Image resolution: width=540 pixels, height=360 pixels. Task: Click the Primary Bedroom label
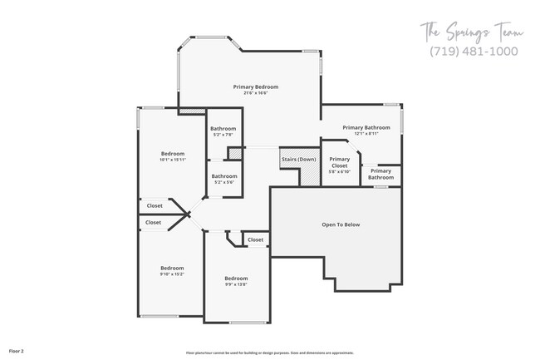tap(255, 86)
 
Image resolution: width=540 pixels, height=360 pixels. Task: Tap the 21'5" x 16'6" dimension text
tap(255, 93)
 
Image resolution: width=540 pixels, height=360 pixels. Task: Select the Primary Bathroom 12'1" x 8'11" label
tap(366, 127)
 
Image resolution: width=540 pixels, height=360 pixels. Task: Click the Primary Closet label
tap(339, 162)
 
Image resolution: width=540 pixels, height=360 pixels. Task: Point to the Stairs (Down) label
tap(298, 159)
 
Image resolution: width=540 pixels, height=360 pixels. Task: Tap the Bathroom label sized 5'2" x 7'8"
tap(223, 129)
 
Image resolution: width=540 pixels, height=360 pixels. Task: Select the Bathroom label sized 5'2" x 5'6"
tap(223, 176)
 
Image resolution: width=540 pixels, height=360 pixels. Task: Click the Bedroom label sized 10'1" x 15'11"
tap(172, 154)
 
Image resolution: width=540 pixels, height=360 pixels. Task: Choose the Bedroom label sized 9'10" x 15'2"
tap(172, 268)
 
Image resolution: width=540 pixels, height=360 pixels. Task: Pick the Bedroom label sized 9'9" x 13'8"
tap(235, 279)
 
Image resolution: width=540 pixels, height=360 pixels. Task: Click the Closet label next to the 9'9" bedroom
tap(255, 239)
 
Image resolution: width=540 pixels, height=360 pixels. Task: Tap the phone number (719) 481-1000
tap(474, 51)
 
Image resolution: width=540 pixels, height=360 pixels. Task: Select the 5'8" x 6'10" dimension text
tap(339, 171)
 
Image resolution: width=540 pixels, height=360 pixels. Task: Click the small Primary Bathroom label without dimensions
tap(380, 174)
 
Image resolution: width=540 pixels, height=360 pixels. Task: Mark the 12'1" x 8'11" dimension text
tap(366, 133)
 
